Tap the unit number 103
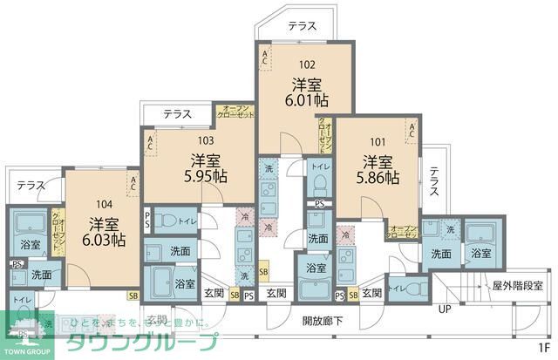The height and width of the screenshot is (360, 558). tap(205, 139)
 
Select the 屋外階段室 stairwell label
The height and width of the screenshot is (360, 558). tap(517, 285)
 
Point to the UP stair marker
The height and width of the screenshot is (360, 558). tap(444, 309)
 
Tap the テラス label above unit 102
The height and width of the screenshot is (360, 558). tap(302, 26)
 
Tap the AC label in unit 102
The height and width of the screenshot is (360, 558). tap(266, 58)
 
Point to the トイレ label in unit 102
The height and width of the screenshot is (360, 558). tap(320, 166)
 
